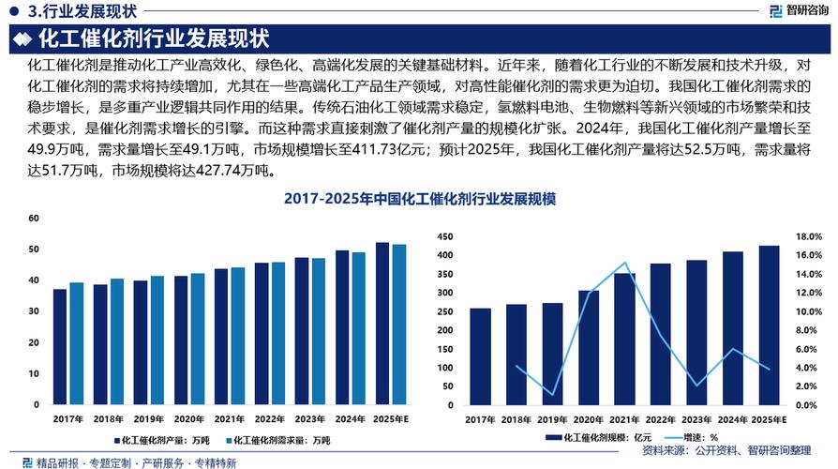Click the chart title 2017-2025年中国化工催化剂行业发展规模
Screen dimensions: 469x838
(x=419, y=200)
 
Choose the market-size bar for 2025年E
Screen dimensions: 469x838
(x=769, y=325)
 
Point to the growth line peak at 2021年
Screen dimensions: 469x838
(x=624, y=263)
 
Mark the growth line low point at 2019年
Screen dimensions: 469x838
(x=553, y=395)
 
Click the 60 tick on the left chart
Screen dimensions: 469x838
(x=34, y=219)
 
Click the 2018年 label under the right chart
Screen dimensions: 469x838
(x=516, y=418)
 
